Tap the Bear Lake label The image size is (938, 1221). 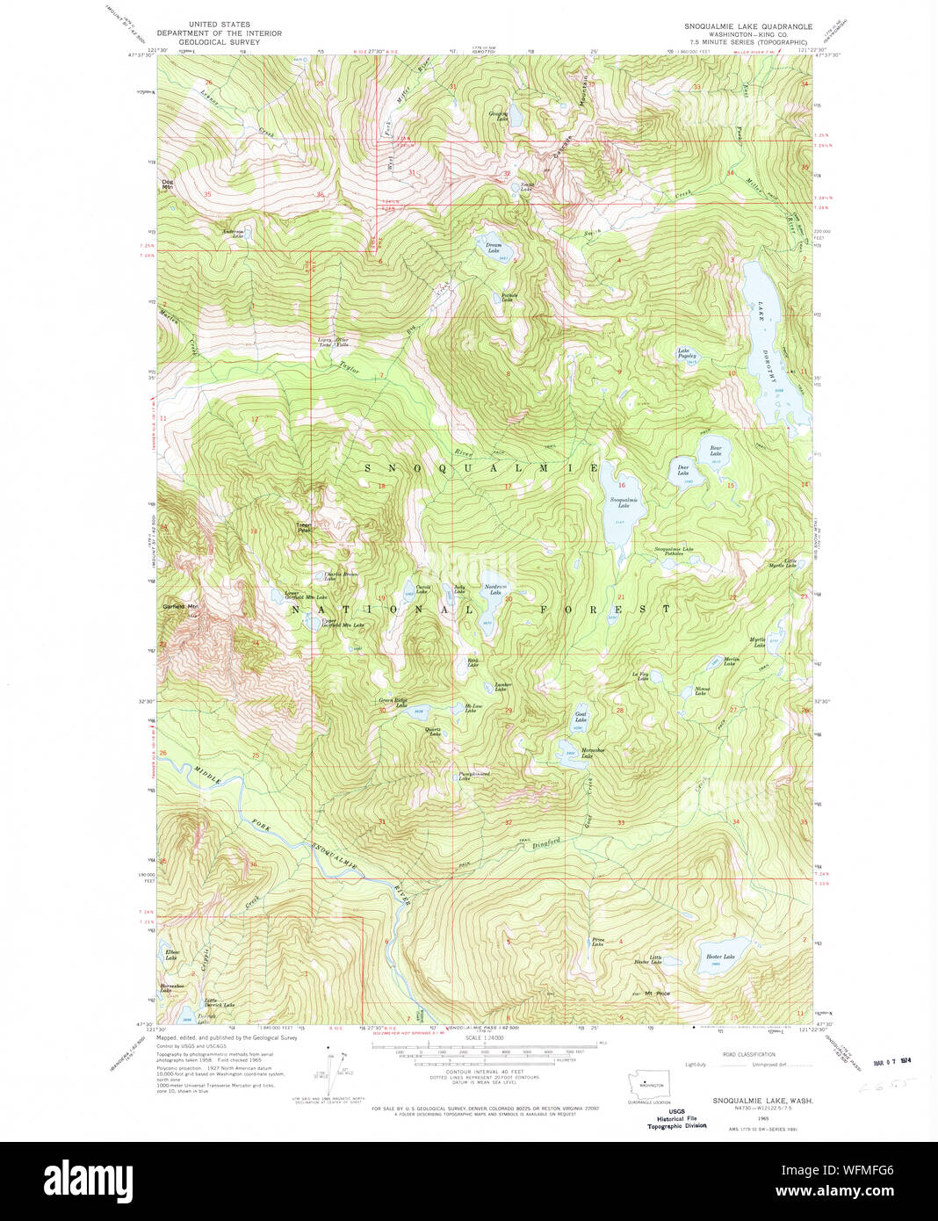point(716,451)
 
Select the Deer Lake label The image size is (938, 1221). point(682,470)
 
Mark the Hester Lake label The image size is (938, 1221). point(720,957)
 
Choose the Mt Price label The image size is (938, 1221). point(657,993)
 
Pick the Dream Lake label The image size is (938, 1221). point(494,248)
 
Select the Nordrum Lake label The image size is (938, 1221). point(496,589)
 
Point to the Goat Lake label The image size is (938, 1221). point(581,718)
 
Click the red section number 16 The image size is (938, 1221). point(622,485)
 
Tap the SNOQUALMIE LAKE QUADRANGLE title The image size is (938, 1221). point(748,26)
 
